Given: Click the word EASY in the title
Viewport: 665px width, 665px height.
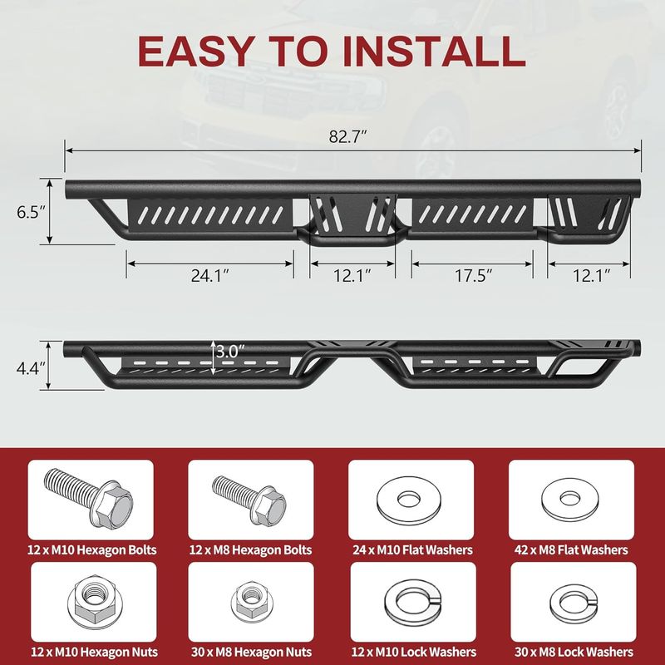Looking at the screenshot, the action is pos(196,51).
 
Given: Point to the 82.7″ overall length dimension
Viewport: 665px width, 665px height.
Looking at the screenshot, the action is pos(347,136).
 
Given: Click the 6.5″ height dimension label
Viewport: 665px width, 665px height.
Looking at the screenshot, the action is pos(31,212).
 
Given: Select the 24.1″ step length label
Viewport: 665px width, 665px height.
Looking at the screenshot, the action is pos(209,276).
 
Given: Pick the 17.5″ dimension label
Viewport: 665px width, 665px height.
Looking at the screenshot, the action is pos(473,276).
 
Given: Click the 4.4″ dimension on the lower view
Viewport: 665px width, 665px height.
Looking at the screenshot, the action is pos(31,368).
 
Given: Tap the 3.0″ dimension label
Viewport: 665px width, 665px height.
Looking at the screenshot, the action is pos(230,351).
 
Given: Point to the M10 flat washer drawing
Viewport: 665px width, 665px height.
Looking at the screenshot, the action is pos(410,500).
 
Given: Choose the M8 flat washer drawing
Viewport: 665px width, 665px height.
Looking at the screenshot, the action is pos(570,500).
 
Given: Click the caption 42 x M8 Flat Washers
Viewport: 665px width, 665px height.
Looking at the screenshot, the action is pos(571,550).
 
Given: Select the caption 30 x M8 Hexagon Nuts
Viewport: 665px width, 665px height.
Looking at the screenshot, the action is pos(252,652).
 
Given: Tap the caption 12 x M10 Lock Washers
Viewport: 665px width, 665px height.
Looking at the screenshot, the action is pos(414,652).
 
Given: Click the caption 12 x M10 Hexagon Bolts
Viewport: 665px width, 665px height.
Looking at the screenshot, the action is pos(92,550).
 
